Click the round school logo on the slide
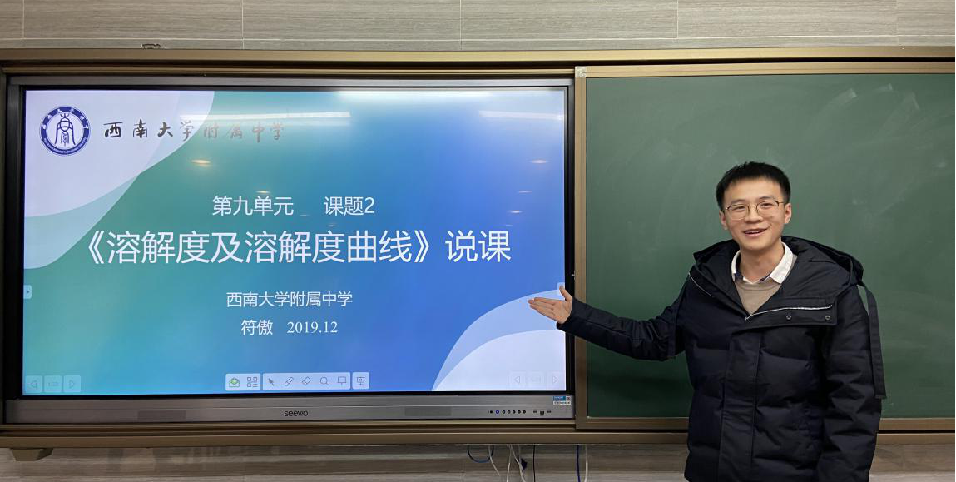(65, 131)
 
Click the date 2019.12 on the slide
(312, 328)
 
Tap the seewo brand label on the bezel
(295, 413)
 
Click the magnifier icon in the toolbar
(324, 381)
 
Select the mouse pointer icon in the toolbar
(271, 381)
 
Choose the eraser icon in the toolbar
(306, 381)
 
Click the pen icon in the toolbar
(289, 381)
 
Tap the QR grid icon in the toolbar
(252, 381)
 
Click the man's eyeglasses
(754, 209)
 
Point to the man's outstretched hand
(552, 306)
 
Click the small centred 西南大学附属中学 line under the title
(290, 300)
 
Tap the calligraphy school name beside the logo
(193, 131)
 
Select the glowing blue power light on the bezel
(497, 411)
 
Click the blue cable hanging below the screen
(480, 455)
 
